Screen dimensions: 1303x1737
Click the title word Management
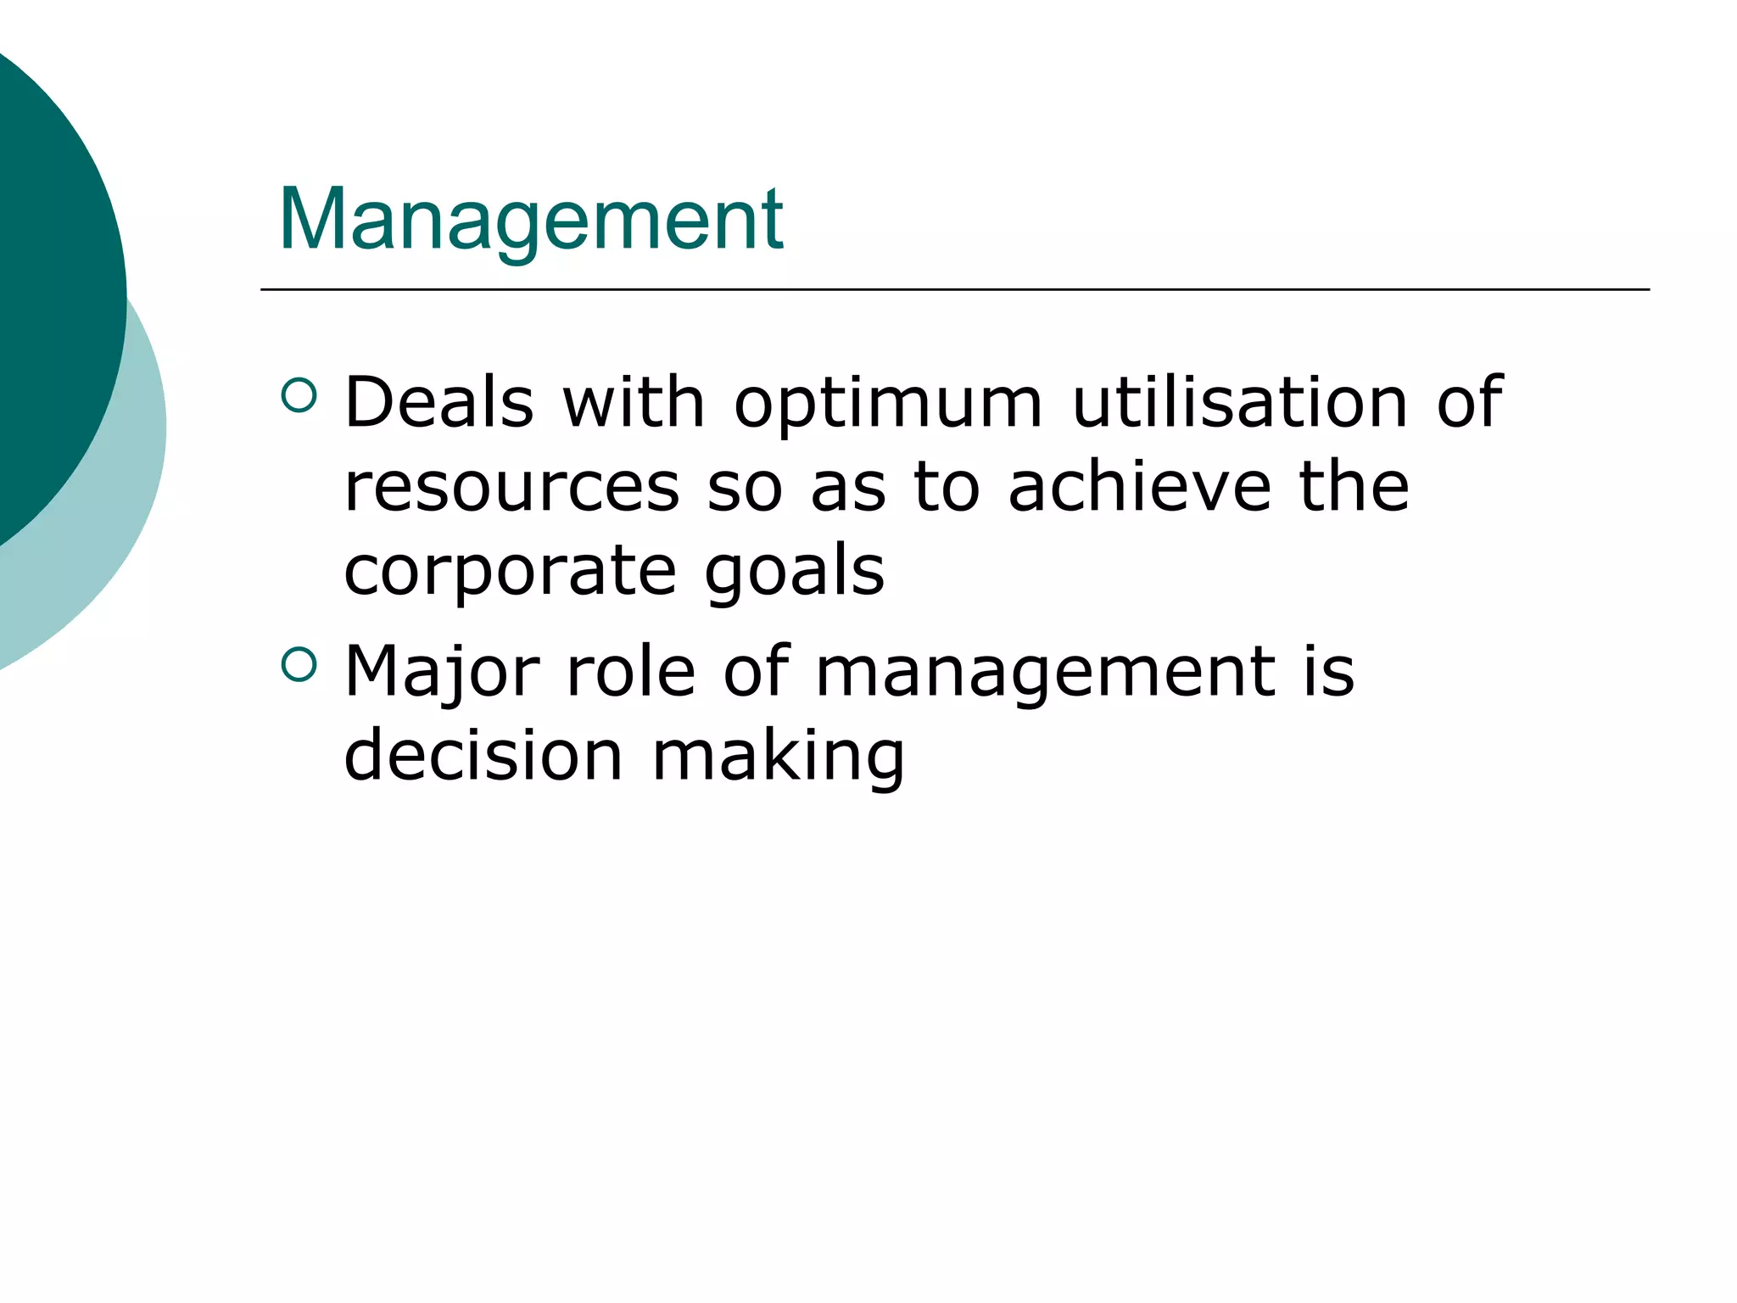point(531,220)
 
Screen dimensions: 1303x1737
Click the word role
point(630,671)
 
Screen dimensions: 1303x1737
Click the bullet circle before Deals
point(298,394)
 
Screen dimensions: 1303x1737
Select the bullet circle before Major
point(298,664)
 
